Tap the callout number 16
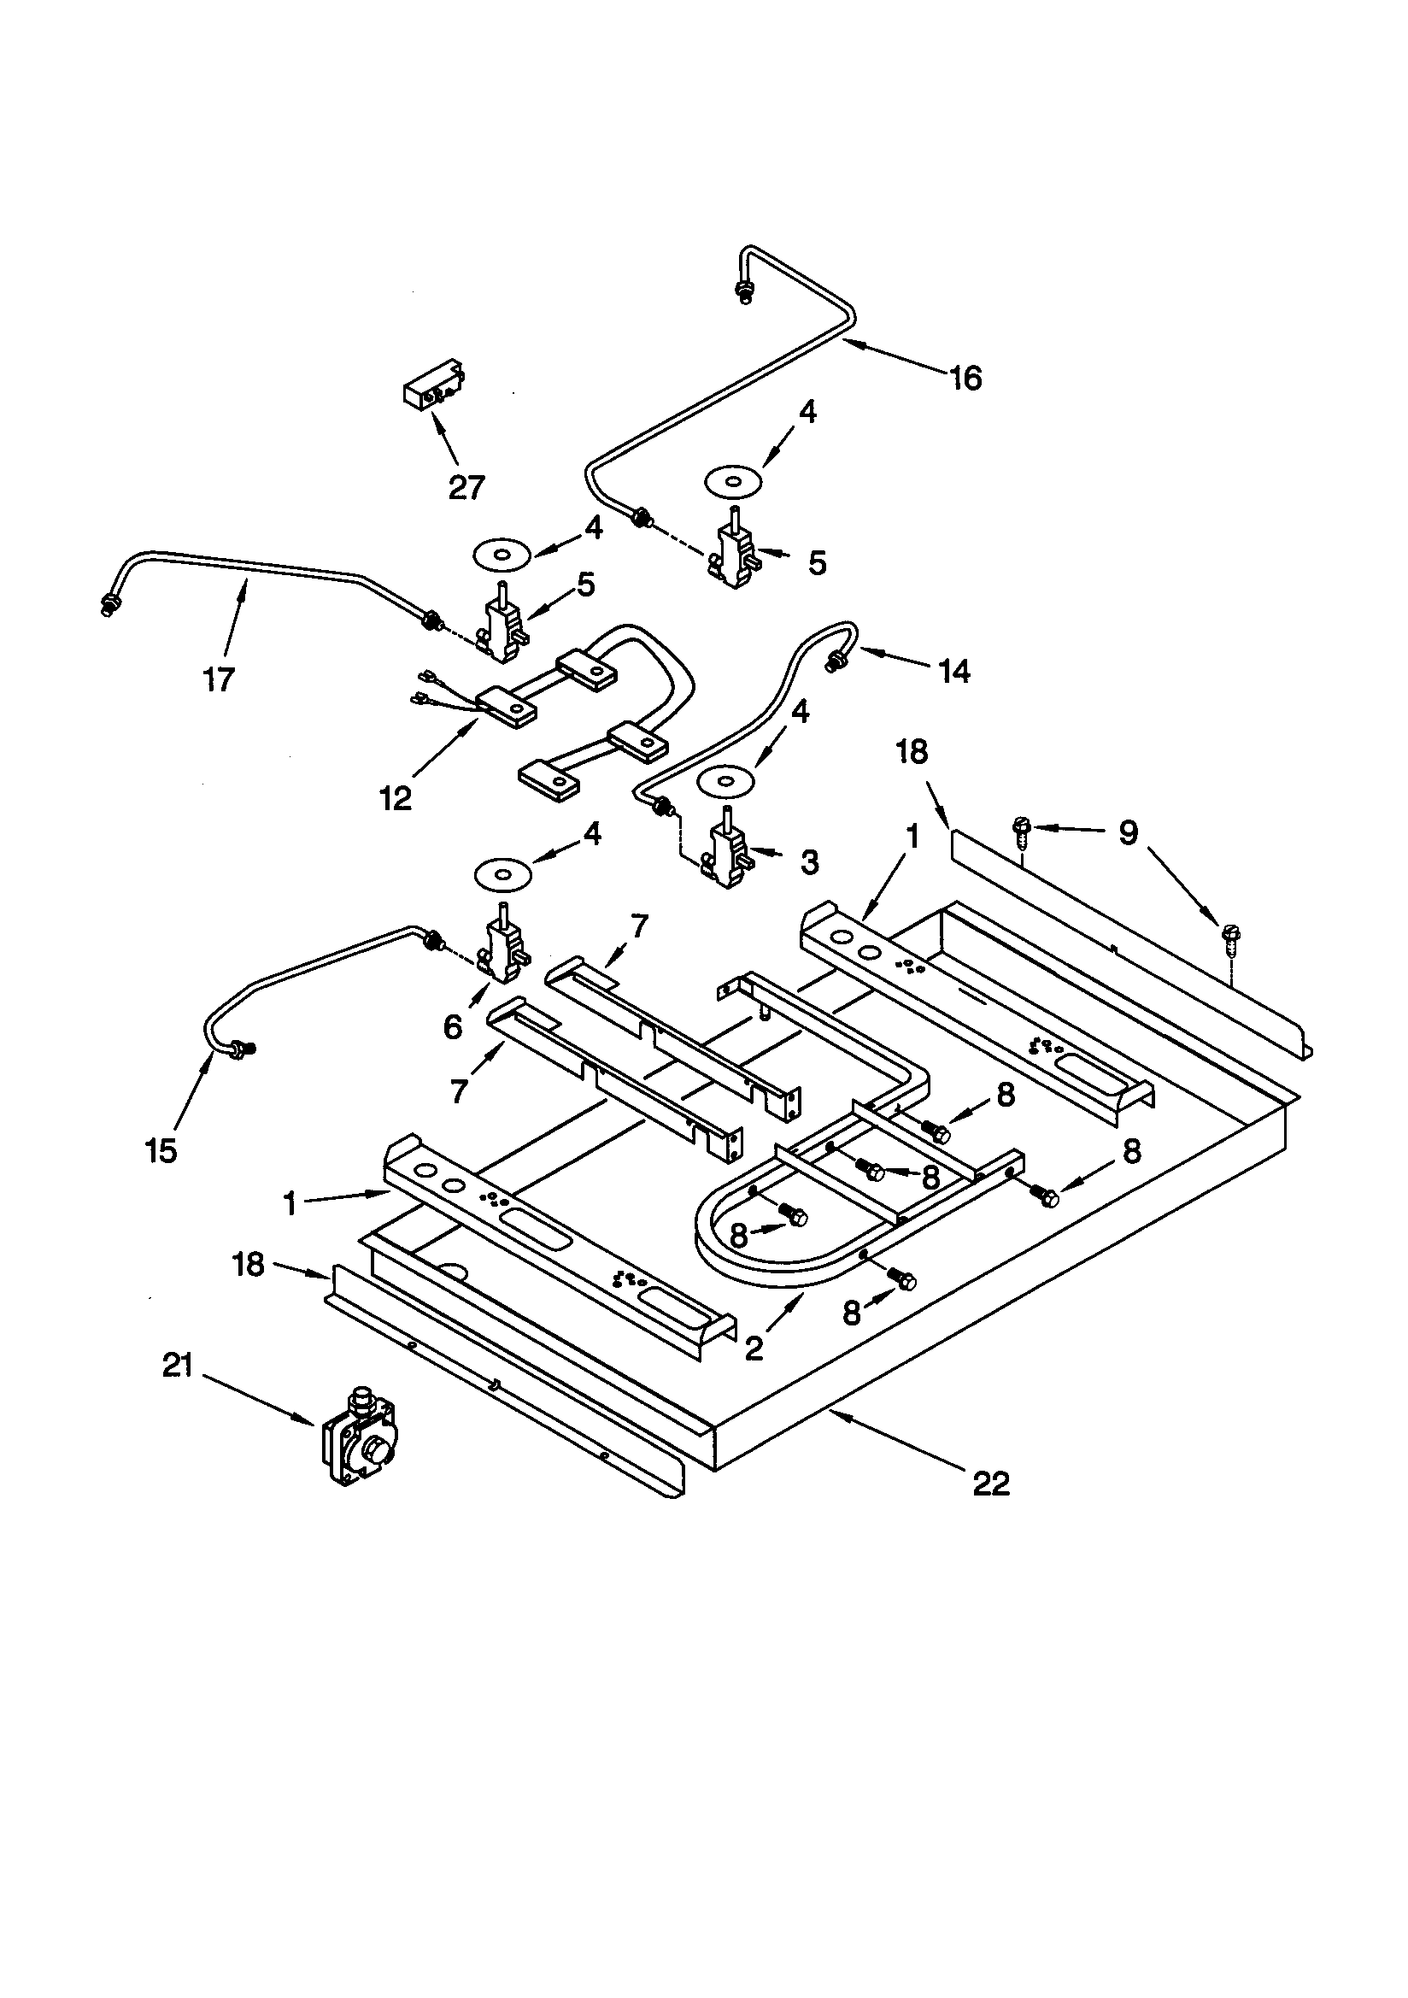tap(965, 379)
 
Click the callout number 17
tap(220, 679)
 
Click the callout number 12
tap(396, 797)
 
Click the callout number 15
tap(161, 1150)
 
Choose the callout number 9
tap(1128, 834)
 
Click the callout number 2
tap(754, 1348)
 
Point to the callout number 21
tap(178, 1366)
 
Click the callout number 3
tap(809, 862)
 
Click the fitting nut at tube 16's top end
tap(744, 293)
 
